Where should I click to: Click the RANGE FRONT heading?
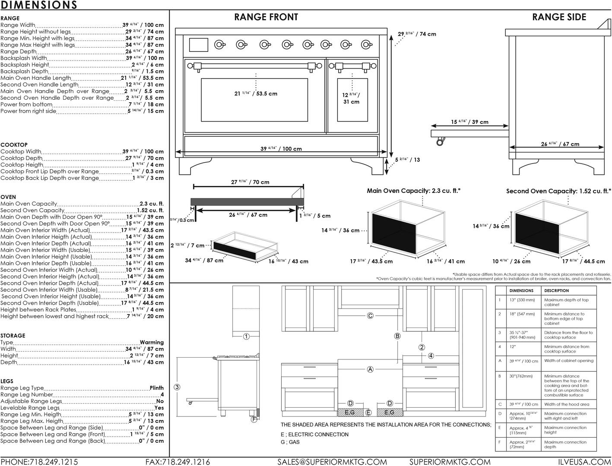pyautogui.click(x=266, y=17)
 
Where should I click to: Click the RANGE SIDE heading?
pyautogui.click(x=559, y=17)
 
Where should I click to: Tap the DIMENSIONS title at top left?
pyautogui.click(x=39, y=5)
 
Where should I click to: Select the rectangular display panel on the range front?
pyautogui.click(x=198, y=44)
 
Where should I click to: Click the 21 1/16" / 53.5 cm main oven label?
pyautogui.click(x=256, y=94)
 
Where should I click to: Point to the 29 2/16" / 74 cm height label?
pyautogui.click(x=417, y=34)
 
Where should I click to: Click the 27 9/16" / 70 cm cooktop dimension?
pyautogui.click(x=250, y=182)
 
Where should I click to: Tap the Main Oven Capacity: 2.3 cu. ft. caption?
pyautogui.click(x=413, y=190)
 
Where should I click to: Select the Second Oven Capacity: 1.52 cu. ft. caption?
pyautogui.click(x=558, y=191)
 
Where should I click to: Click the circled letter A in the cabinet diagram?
pyautogui.click(x=370, y=369)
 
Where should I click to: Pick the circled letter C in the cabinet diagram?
pyautogui.click(x=370, y=316)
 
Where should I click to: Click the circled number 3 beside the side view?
pyautogui.click(x=177, y=387)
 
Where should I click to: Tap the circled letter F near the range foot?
pyautogui.click(x=254, y=419)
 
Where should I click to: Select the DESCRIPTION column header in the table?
pyautogui.click(x=556, y=291)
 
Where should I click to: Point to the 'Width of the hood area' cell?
pyautogui.click(x=566, y=404)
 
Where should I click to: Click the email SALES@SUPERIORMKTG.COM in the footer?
pyautogui.click(x=332, y=462)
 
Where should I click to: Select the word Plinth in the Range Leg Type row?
pyautogui.click(x=156, y=388)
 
